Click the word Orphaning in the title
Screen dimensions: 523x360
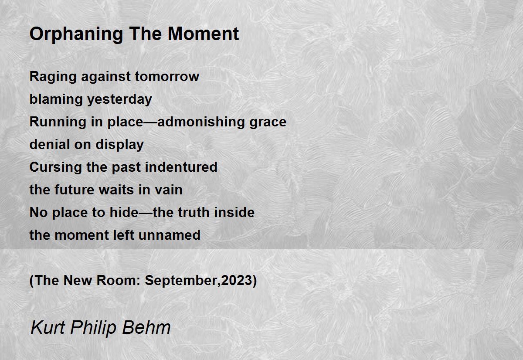tap(76, 34)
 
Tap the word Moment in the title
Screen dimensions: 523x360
tap(204, 34)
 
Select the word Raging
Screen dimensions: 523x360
tap(53, 77)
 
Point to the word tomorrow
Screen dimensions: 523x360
tap(167, 77)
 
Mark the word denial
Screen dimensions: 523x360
tap(49, 144)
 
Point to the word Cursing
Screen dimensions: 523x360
tap(56, 168)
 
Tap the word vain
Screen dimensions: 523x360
tap(169, 190)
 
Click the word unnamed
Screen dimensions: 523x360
tap(170, 235)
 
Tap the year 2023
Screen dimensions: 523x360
tap(237, 280)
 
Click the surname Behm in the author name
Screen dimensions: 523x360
tap(146, 327)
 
